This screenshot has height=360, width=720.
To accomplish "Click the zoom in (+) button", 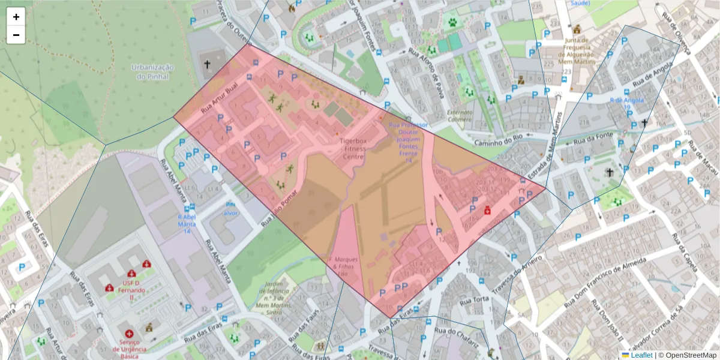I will pos(16,17).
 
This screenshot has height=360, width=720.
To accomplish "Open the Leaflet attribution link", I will pos(641,355).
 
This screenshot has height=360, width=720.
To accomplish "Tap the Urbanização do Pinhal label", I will pos(152,72).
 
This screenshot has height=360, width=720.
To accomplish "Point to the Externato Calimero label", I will pos(460,115).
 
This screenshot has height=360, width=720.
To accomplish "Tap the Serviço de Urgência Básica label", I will pos(129,349).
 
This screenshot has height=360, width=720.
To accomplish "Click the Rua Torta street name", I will pos(473,299).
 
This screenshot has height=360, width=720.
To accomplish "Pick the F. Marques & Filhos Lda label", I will pos(344,266).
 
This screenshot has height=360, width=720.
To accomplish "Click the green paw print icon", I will pos(451,23).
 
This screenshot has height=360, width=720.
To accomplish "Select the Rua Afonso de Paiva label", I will pos(431,71).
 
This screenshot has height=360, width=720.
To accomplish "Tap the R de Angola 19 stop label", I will pos(620,103).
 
